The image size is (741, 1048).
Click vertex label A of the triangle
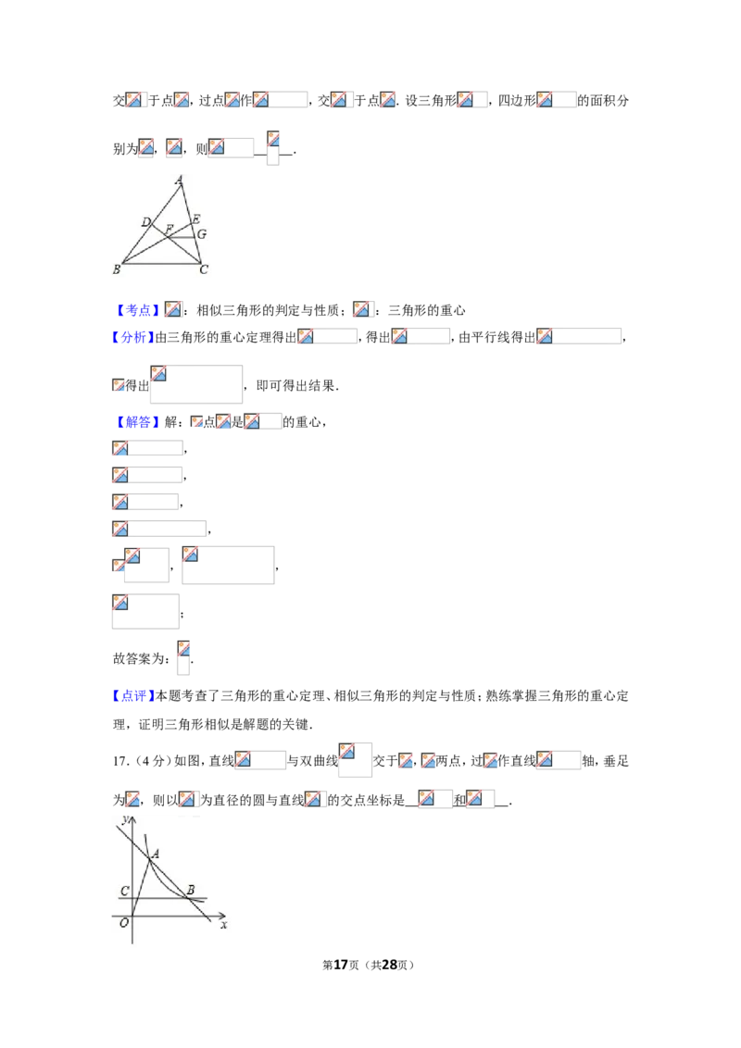(180, 180)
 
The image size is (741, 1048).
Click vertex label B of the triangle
(117, 269)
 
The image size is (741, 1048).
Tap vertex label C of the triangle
(204, 269)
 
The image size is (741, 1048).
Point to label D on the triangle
(145, 222)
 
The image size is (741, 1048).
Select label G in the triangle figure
(201, 234)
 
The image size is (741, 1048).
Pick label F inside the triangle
(170, 230)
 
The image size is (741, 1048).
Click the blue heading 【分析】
(133, 338)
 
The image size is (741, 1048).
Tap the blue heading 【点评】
(133, 696)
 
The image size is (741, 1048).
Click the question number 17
(119, 761)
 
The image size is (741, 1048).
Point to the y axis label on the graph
(126, 819)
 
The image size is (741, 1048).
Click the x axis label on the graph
(223, 925)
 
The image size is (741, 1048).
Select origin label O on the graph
(124, 923)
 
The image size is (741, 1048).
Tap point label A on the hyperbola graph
(156, 854)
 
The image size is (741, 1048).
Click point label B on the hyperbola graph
(191, 890)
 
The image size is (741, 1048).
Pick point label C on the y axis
(124, 891)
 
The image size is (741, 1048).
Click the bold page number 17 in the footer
(341, 965)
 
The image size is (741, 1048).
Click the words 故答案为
(138, 659)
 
